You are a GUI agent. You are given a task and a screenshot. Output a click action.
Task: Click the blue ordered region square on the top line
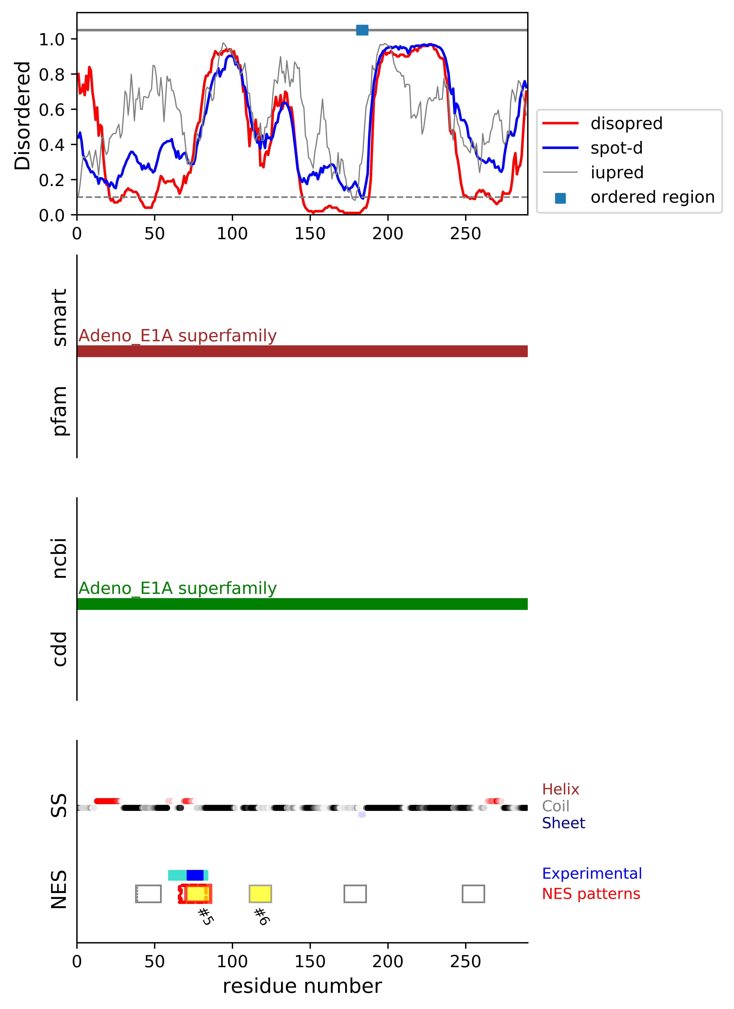pyautogui.click(x=362, y=30)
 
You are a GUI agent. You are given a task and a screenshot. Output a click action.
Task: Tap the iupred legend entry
pyautogui.click(x=617, y=172)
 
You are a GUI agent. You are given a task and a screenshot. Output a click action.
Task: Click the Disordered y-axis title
pyautogui.click(x=22, y=116)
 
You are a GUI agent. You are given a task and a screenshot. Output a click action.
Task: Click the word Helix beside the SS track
pyautogui.click(x=560, y=789)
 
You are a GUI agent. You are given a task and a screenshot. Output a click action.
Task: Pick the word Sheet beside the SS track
pyautogui.click(x=563, y=823)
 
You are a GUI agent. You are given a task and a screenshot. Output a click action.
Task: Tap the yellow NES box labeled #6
pyautogui.click(x=260, y=894)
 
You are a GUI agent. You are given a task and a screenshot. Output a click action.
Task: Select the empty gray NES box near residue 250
pyautogui.click(x=473, y=894)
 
